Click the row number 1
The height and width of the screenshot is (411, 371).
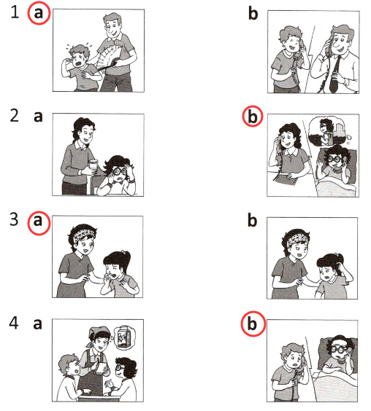pos(15,12)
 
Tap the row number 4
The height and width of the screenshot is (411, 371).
pos(14,323)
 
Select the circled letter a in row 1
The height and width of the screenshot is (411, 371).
pos(39,13)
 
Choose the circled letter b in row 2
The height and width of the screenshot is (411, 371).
pos(253,117)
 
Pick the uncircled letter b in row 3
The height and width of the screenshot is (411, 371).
pos(253,221)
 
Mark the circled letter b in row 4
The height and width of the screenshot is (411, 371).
pos(253,324)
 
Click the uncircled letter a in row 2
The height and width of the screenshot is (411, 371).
pos(38,117)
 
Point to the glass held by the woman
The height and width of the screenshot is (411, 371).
pos(93,166)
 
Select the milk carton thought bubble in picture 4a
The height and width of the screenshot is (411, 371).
pos(123,338)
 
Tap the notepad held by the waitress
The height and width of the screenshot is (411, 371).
pos(101,369)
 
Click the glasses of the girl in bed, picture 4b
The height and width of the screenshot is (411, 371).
pos(338,349)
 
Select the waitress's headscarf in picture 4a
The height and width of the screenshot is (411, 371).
pos(96,332)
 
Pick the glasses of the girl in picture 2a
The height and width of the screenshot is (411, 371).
pos(120,172)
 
